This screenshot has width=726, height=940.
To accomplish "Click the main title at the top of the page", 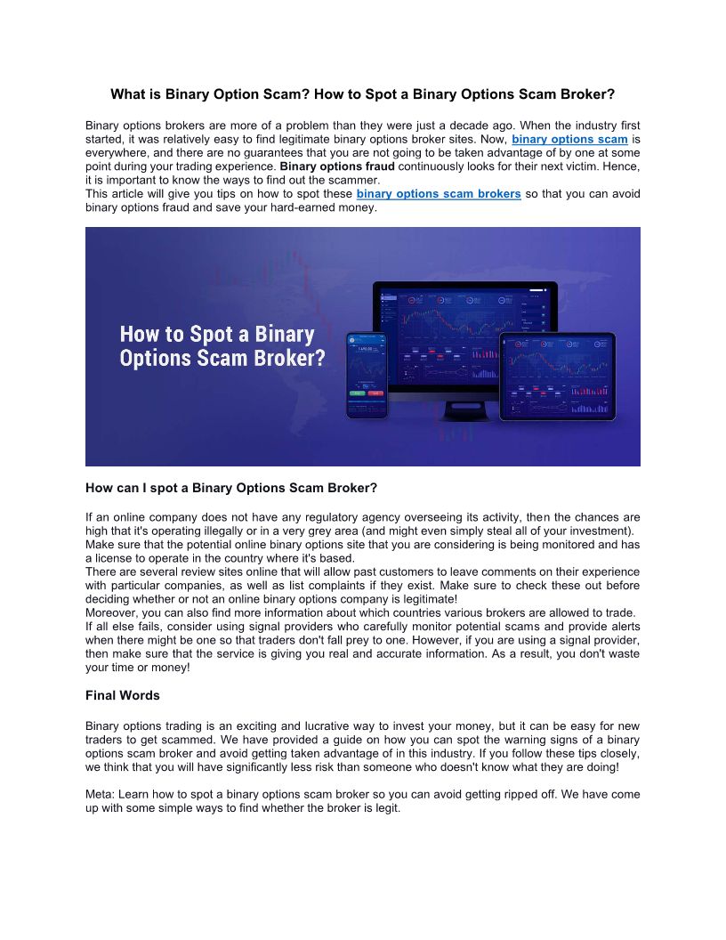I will click(362, 93).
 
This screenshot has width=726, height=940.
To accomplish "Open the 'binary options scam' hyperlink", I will click(569, 140).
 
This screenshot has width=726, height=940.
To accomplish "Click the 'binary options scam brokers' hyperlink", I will click(439, 194).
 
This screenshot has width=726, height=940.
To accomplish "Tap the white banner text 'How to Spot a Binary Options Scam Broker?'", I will click(222, 346).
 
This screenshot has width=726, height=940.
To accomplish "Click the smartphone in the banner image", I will click(367, 375).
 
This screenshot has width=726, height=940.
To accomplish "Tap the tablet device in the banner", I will click(557, 375).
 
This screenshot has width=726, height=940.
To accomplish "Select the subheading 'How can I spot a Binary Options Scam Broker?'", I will click(231, 488).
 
